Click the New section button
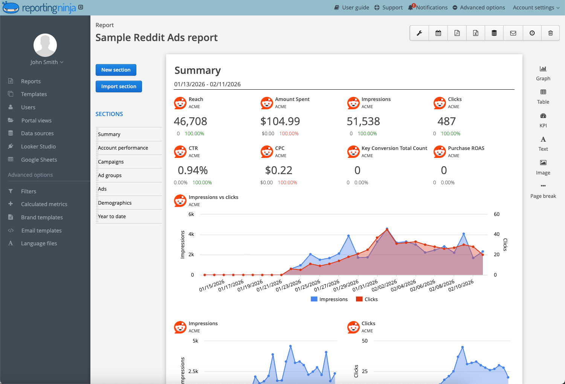coord(116,70)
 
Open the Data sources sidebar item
coord(37,133)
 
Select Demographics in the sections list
coord(115,203)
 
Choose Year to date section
coord(112,216)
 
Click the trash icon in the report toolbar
coord(550,33)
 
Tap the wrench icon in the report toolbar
coord(419,33)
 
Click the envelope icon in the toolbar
coord(513,33)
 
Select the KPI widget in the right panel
coord(543,120)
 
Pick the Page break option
coord(543,191)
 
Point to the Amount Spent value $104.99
coord(280,121)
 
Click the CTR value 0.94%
coord(192,170)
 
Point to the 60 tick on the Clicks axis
coord(496,214)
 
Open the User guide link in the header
coord(352,8)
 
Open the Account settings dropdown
coord(536,8)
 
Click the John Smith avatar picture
coord(45,45)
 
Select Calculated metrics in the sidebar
coord(44,204)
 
